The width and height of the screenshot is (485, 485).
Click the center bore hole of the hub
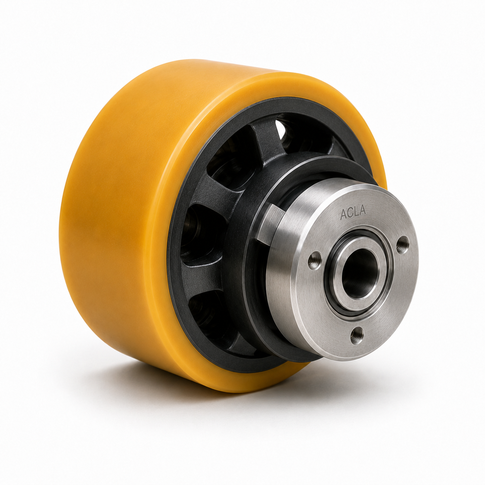tap(360, 273)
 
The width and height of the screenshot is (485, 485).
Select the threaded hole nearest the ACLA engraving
tap(403, 244)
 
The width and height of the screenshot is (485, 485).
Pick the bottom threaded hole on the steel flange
tap(357, 335)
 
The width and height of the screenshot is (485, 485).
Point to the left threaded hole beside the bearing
tap(315, 260)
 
